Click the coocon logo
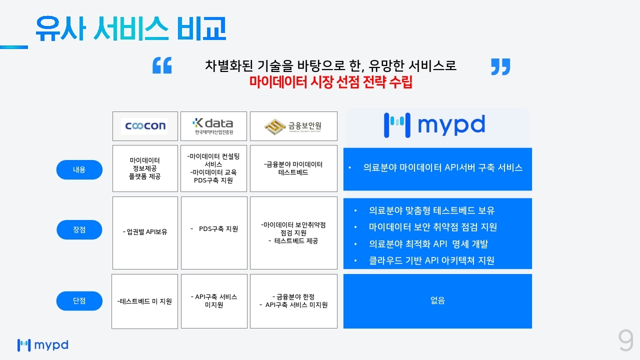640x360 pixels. coord(145,126)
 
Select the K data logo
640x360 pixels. coord(213,126)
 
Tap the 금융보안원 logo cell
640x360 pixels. coord(293,126)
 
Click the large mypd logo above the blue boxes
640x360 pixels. coord(434,125)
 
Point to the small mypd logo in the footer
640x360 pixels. coord(43,345)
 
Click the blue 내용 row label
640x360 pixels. coord(79,169)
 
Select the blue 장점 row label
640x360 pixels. coord(79,229)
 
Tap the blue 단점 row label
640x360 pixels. coord(79,301)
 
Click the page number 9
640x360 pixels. coord(625,340)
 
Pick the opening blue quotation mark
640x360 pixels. coord(162,65)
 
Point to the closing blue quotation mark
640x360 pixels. coord(500,67)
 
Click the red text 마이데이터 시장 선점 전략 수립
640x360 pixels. coord(331,82)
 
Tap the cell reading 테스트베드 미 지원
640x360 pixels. coord(144,301)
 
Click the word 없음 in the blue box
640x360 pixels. coord(437,300)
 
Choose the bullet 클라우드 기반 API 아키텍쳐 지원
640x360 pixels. coord(431,260)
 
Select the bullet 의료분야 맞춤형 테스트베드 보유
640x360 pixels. coord(431,210)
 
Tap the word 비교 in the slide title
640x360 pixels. coord(201,28)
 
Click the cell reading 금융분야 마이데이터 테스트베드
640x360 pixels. coord(293,168)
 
